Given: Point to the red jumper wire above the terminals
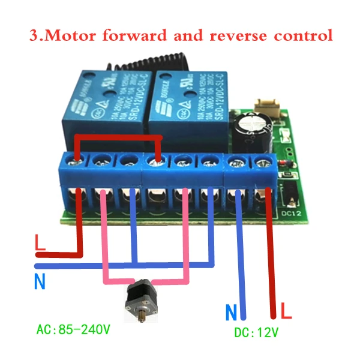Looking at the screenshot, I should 117,140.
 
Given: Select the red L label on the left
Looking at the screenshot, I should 40,244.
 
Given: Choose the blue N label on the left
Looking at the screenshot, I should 40,281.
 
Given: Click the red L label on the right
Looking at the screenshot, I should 287,312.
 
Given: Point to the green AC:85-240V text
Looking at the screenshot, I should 74,329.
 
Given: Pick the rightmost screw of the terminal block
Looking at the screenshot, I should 261,161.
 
